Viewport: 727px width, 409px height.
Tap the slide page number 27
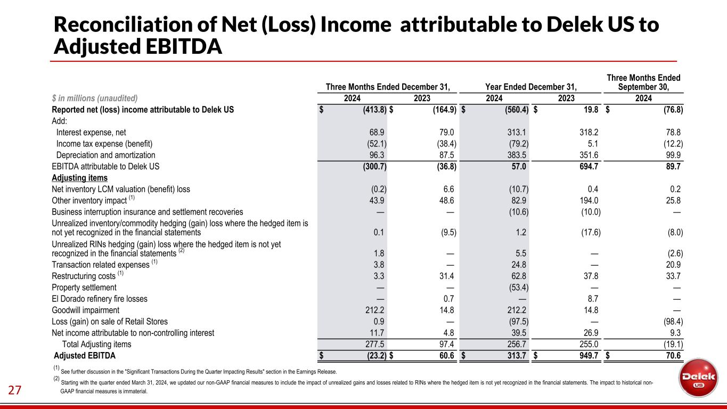15,390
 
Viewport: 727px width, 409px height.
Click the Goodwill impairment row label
86,310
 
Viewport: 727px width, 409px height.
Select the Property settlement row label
84,288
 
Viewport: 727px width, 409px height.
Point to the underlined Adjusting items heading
79,177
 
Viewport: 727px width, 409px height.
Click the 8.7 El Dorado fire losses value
592,299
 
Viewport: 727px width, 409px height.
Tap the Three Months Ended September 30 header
644,83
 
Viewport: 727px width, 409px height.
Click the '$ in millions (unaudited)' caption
95,98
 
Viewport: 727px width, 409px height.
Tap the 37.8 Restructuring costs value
590,276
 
